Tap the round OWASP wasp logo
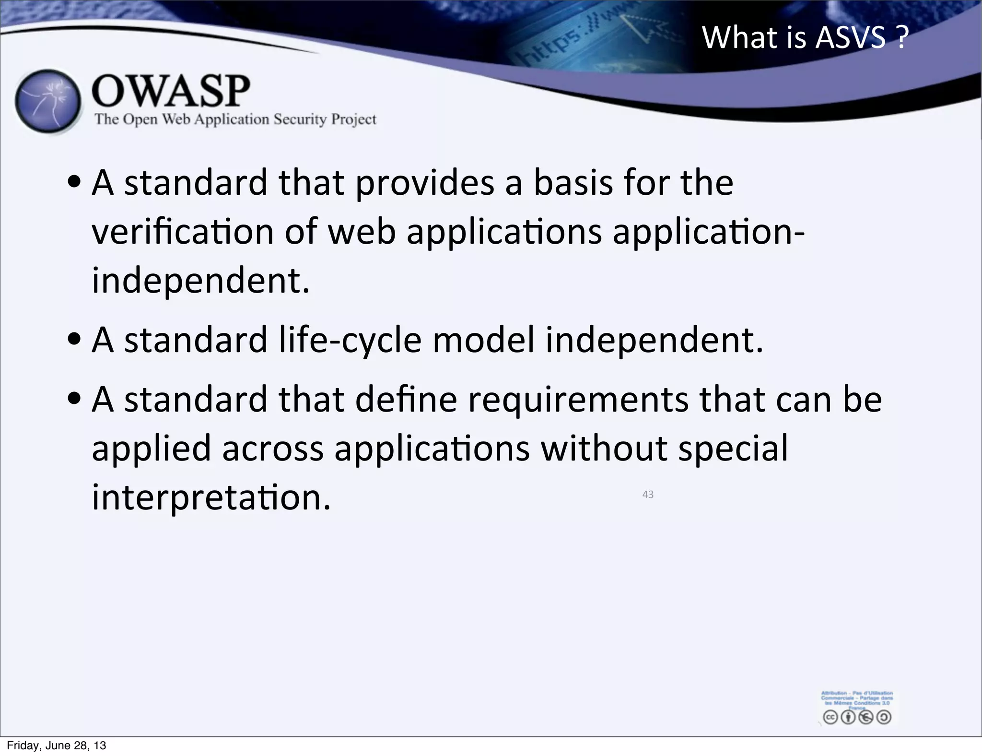coord(48,102)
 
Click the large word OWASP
coord(171,91)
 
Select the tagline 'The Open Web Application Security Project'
coord(235,119)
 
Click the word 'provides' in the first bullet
coord(424,184)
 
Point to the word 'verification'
coord(182,232)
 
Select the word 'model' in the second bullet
coord(483,340)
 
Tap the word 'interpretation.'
coord(211,498)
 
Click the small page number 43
coord(648,495)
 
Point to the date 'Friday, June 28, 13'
coord(56,745)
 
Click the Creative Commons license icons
coord(857,717)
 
